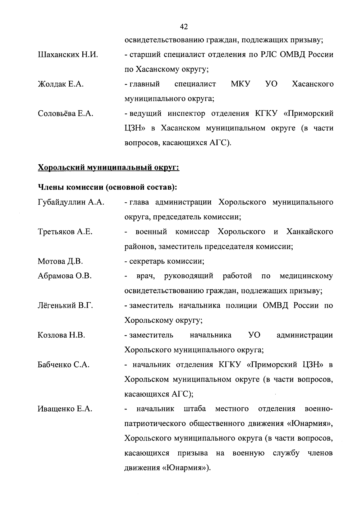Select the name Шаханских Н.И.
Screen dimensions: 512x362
(68, 55)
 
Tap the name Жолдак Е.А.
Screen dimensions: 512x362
(61, 84)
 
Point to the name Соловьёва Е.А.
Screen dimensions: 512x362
(65, 114)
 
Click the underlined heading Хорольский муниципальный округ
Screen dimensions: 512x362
(109, 167)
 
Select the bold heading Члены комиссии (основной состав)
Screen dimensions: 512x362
(107, 187)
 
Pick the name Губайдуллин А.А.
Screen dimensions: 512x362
(71, 202)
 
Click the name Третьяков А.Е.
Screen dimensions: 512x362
(65, 232)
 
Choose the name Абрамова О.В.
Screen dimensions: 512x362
(65, 276)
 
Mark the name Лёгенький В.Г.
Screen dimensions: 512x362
(65, 306)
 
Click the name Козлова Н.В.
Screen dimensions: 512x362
(61, 335)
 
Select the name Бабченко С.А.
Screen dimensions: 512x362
(64, 365)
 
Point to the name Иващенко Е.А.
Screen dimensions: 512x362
(65, 409)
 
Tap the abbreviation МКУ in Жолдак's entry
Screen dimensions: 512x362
(241, 84)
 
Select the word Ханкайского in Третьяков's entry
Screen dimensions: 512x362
(310, 232)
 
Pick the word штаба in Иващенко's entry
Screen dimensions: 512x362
(195, 409)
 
